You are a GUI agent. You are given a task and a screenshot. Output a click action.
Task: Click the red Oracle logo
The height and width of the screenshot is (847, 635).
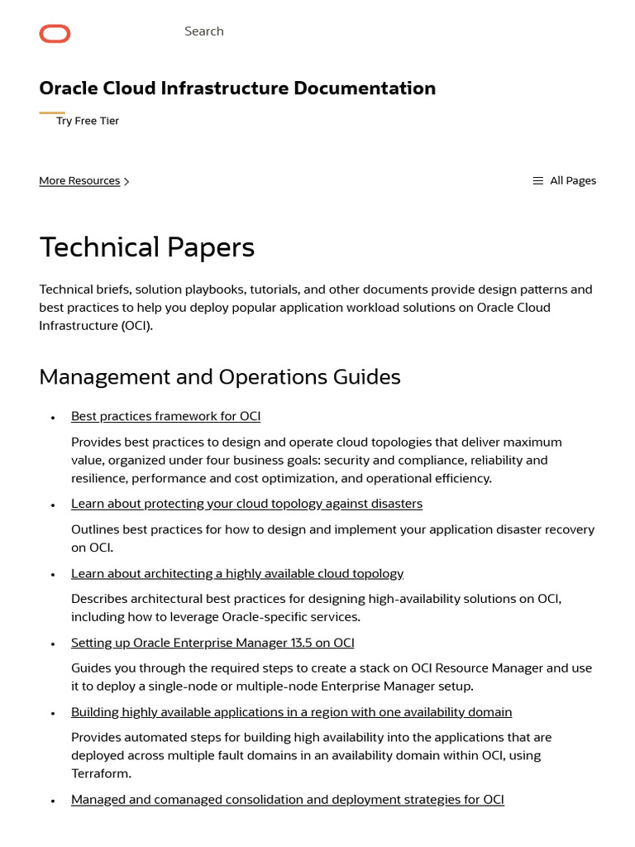(55, 34)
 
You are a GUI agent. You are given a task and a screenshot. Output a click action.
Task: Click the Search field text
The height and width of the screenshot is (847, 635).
(203, 31)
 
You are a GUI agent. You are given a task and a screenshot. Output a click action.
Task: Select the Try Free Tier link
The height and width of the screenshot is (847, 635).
(87, 121)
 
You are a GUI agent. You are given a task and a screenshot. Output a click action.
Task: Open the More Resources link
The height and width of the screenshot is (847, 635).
(79, 180)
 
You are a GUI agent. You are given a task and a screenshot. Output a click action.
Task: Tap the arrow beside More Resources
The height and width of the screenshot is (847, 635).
(127, 181)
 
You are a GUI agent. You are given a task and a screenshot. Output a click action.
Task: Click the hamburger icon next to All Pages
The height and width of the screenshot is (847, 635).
(537, 180)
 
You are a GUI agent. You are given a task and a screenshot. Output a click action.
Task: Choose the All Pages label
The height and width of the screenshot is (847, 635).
(572, 180)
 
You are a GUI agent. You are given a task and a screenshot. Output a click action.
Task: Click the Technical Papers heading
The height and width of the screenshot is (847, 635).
(146, 247)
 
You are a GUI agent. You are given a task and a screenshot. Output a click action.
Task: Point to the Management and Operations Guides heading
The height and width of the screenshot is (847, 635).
(219, 377)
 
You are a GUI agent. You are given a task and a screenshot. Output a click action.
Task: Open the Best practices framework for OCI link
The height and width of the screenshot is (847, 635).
(165, 416)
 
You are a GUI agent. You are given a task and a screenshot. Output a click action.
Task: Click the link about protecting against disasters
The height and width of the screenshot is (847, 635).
(246, 504)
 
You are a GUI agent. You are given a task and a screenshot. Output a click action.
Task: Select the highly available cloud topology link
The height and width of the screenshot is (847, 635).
(237, 573)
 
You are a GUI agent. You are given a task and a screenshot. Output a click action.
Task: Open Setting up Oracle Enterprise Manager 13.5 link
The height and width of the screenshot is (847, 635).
(212, 643)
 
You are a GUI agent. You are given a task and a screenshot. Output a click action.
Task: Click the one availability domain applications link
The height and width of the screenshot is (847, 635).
(291, 712)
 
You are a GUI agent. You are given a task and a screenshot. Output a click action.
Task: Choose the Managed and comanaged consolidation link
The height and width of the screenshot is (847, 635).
(287, 799)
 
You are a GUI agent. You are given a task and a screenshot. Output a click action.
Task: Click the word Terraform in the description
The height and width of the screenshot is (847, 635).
(101, 773)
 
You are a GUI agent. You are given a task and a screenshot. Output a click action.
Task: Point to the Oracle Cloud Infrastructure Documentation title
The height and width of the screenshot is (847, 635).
(237, 89)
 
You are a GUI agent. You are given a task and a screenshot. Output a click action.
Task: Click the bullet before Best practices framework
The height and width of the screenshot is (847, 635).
(53, 418)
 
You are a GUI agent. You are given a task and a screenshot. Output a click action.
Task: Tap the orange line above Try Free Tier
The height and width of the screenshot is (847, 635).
(52, 112)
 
